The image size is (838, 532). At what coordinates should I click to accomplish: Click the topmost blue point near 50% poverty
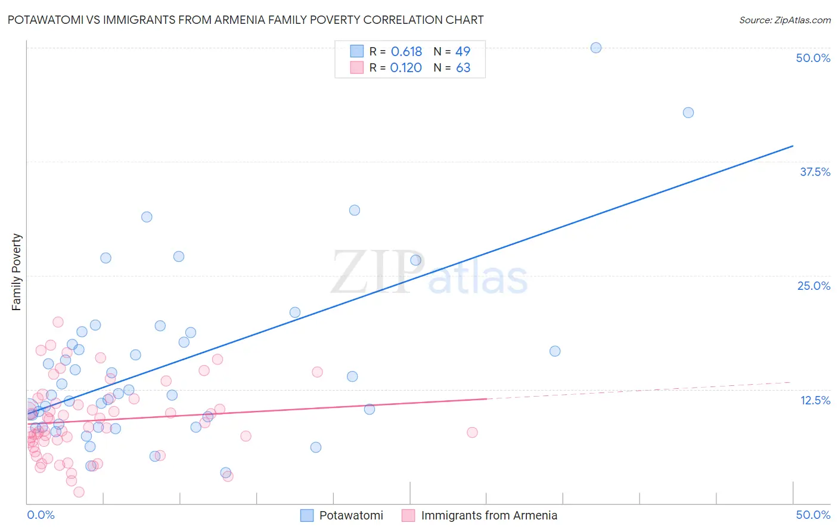pos(595,48)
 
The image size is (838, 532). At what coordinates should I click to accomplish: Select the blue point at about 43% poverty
pos(688,113)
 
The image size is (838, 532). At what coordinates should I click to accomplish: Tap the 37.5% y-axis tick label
pos(815,172)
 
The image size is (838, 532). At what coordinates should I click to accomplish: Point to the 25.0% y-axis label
pos(814,286)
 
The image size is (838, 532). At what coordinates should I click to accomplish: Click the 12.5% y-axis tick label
pos(815,400)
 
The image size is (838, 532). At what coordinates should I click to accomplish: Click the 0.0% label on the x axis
pos(41,515)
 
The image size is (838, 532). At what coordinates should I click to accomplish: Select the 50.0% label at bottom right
pos(812,515)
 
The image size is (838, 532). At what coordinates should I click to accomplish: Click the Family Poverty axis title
pos(17,272)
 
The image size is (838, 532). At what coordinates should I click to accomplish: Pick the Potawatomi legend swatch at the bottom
pos(307,515)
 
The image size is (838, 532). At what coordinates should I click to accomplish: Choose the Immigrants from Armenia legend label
pos(489,515)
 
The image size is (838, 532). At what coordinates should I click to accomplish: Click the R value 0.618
pos(406,52)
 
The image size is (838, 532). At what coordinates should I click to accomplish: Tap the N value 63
pos(463,68)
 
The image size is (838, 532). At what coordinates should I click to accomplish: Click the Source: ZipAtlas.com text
pos(784,20)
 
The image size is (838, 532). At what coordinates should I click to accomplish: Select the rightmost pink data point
pos(472,432)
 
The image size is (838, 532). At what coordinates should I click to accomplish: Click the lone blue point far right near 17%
pos(555,351)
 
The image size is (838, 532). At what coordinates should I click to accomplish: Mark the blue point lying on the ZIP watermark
pos(415,260)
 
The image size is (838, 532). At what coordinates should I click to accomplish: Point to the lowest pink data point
pos(79,492)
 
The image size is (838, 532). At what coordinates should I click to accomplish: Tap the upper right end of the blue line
pos(793,146)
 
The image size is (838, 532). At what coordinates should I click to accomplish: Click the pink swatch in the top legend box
pos(356,67)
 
